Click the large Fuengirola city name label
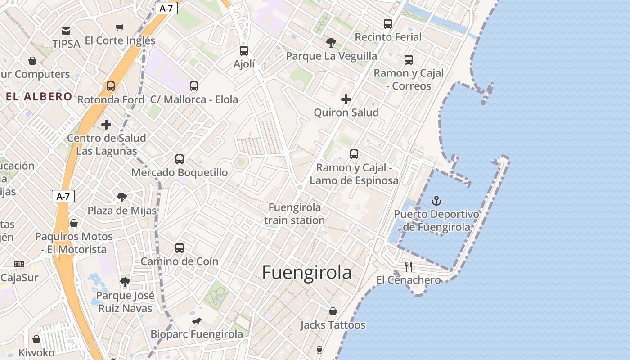[306, 272]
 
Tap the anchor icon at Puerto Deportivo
[436, 200]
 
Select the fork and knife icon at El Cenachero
[409, 266]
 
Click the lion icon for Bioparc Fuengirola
[197, 321]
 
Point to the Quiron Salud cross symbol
[346, 99]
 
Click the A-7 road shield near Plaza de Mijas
[63, 196]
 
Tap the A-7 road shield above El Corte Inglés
[166, 8]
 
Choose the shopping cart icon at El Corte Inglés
[119, 28]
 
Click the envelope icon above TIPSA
[66, 31]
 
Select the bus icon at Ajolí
[244, 51]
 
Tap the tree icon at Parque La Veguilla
[331, 43]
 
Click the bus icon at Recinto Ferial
[388, 24]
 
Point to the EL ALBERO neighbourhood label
[39, 96]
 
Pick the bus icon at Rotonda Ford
[111, 86]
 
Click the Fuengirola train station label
[295, 214]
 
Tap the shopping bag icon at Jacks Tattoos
[333, 311]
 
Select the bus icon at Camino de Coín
[180, 248]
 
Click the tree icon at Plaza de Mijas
[121, 197]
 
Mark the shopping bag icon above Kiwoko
[36, 339]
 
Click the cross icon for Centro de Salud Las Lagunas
[106, 125]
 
